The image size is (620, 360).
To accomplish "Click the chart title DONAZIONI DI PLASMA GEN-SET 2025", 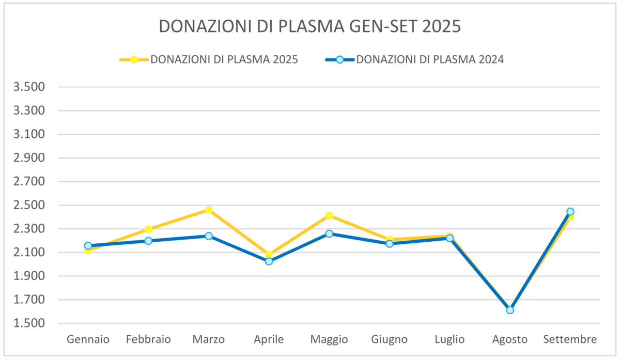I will (309, 26).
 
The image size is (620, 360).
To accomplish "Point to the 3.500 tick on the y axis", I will (29, 87).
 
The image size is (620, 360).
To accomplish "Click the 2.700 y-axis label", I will (29, 182).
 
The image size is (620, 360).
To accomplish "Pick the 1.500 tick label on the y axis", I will (29, 324).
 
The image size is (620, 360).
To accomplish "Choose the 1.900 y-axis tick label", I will (29, 276).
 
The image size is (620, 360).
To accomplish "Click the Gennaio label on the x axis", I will (88, 340).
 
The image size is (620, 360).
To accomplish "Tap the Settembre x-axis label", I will (570, 340).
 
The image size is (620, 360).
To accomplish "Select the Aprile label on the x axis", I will (269, 340).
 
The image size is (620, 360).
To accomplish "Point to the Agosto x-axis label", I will (510, 340).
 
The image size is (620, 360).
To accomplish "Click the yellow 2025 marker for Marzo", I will (208, 210).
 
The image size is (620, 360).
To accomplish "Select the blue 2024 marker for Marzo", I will (208, 236).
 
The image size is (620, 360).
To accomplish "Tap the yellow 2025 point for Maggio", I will (329, 215).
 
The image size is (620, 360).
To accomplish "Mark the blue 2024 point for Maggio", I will (329, 233).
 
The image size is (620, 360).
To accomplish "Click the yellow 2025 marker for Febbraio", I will (148, 229).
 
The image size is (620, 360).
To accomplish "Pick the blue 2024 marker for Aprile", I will (269, 261).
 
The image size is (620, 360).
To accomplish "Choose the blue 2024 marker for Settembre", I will (570, 211).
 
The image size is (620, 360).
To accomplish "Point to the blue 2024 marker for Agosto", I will (510, 310).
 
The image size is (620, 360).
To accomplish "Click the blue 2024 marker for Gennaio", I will (88, 246).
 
